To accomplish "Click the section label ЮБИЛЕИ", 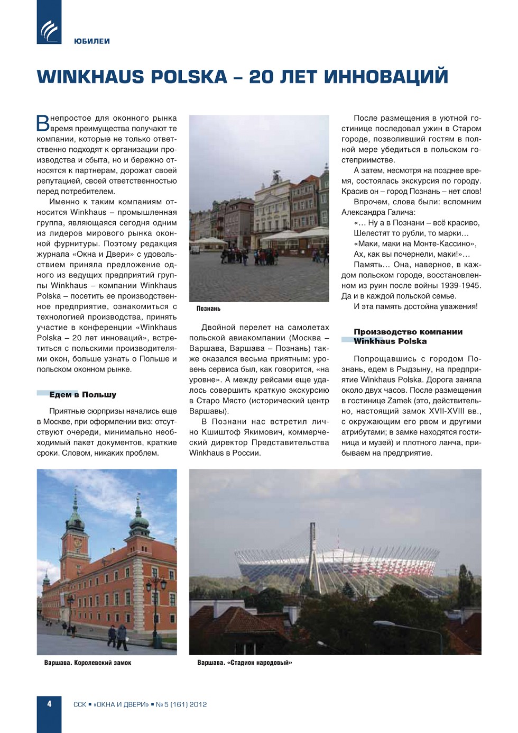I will pyautogui.click(x=92, y=41).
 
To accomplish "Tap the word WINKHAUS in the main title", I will pyautogui.click(x=90, y=77).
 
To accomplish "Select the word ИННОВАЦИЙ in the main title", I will pyautogui.click(x=386, y=77).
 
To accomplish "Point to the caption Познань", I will pyautogui.click(x=208, y=309).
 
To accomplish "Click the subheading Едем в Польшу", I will pyautogui.click(x=82, y=394).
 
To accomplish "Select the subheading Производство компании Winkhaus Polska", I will pyautogui.click(x=408, y=336).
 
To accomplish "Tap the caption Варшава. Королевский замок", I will pyautogui.click(x=88, y=663).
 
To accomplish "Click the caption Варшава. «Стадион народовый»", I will pyautogui.click(x=244, y=663).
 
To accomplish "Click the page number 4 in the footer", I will pyautogui.click(x=49, y=704).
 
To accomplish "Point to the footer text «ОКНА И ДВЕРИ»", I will pyautogui.click(x=121, y=704).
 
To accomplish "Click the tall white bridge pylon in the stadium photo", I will pyautogui.click(x=313, y=550).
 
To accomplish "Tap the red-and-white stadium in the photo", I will pyautogui.click(x=338, y=564).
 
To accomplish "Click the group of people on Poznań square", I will pyautogui.click(x=248, y=256).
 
